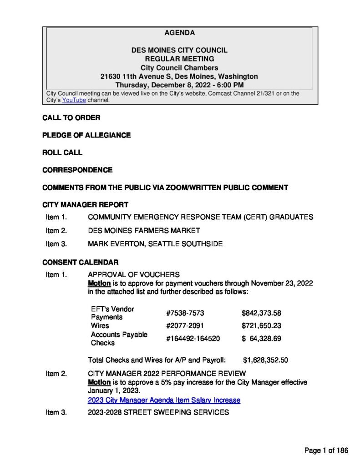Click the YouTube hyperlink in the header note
[x=74, y=100]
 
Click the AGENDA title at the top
[x=179, y=33]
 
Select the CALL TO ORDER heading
[x=71, y=118]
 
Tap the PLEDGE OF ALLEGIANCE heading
[x=86, y=135]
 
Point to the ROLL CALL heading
[x=62, y=152]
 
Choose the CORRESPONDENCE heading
[x=77, y=170]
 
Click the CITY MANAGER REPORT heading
[x=85, y=205]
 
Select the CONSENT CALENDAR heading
[x=81, y=262]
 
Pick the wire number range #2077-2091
[x=185, y=326]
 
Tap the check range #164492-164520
[x=193, y=339]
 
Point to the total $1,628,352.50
[x=265, y=360]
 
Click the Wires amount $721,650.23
[x=261, y=326]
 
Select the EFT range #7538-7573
[x=185, y=313]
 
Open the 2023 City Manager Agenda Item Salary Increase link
[x=164, y=400]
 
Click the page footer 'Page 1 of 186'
[x=326, y=451]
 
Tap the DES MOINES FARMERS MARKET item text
[x=144, y=231]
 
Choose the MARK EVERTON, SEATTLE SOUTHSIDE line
[x=155, y=244]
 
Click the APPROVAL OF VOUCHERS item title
[x=133, y=274]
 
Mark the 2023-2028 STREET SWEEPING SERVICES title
[x=158, y=412]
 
